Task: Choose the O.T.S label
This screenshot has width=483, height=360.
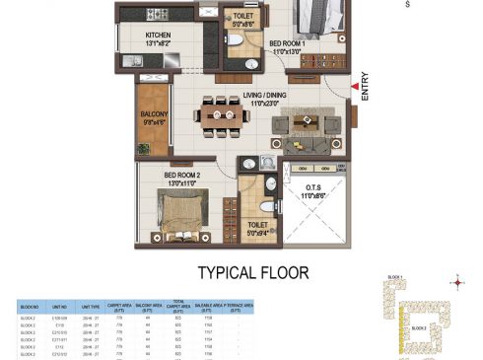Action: coord(316,191)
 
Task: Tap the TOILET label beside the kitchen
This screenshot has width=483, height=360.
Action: coord(241,15)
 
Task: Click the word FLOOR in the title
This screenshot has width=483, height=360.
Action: coord(284,272)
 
